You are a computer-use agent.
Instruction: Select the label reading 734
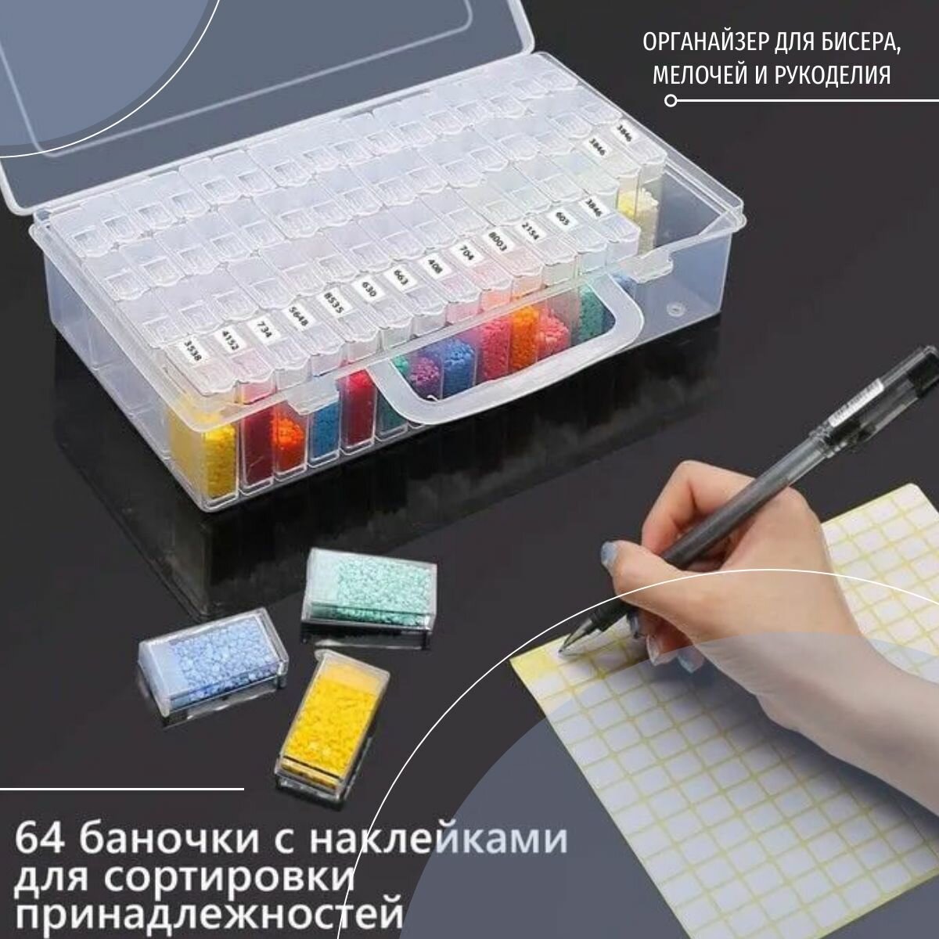pyautogui.click(x=262, y=328)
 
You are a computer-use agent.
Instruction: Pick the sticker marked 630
pyautogui.click(x=364, y=289)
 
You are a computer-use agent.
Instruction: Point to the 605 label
pyautogui.click(x=560, y=218)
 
